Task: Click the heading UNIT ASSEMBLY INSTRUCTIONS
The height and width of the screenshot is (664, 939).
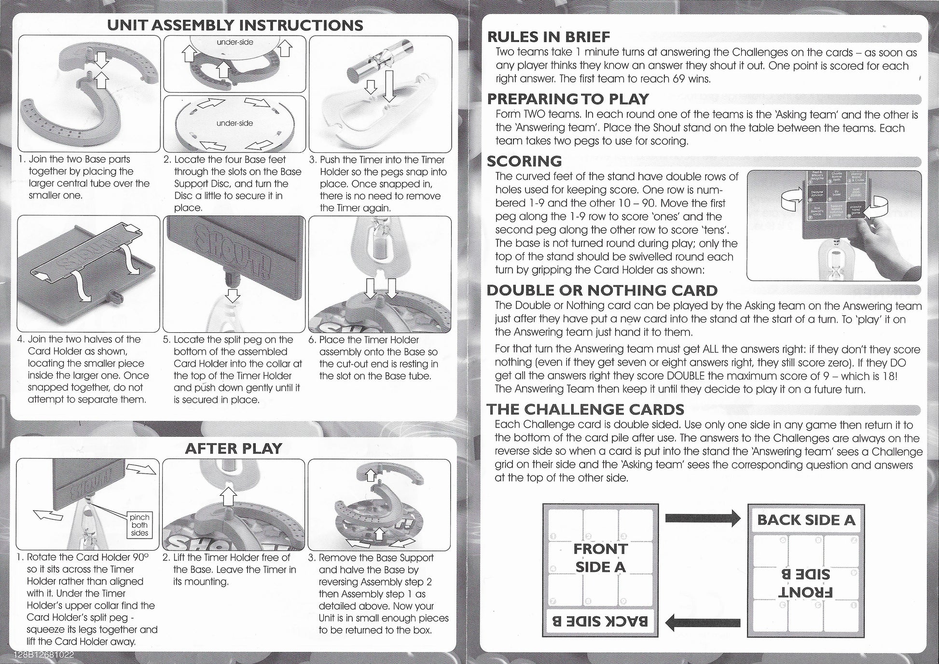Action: point(235,25)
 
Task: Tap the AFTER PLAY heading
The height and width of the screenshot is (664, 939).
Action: point(234,448)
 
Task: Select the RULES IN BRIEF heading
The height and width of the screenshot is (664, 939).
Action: point(549,37)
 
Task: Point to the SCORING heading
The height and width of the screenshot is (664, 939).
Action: point(525,161)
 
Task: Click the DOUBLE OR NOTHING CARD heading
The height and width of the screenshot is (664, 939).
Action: point(602,290)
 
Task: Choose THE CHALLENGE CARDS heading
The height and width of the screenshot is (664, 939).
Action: point(585,409)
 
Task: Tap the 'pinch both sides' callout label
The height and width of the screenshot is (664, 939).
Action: point(139,525)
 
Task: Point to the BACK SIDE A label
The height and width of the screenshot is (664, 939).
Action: point(806,520)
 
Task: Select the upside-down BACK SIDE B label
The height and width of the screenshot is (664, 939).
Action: point(600,621)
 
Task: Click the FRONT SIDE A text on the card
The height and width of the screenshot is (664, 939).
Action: point(600,557)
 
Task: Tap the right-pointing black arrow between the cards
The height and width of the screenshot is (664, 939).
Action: point(703,519)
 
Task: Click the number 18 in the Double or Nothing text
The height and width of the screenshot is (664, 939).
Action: point(888,376)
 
